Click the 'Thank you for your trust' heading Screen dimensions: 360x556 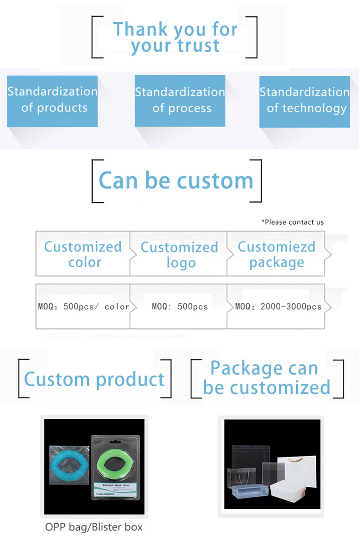175,37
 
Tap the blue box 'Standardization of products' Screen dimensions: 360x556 52,101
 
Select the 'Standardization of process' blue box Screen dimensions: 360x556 180,101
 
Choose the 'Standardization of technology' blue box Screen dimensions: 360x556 305,102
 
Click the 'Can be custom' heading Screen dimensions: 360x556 176,180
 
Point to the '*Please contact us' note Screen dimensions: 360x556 293,222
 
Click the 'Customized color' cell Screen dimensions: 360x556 83,254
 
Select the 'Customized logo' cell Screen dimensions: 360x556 179,254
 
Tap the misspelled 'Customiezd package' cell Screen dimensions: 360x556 276,254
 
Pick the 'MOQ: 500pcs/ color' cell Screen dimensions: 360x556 83,307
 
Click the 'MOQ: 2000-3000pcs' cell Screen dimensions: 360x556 276,307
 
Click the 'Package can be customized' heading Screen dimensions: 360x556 267,377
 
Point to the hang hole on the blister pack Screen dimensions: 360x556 115,442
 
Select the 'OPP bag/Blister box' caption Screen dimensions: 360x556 94,527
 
